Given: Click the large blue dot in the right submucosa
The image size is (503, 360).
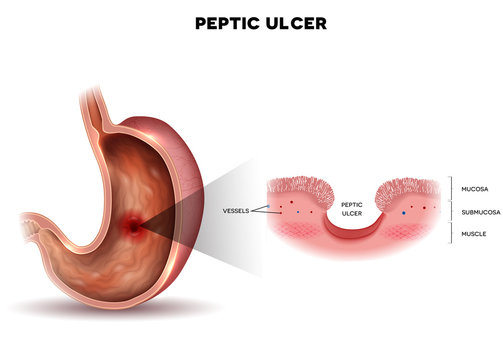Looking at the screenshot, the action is (404, 213).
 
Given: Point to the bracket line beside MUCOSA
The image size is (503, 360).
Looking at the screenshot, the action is (450, 187).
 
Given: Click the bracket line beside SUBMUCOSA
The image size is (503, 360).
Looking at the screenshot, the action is (450, 211).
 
